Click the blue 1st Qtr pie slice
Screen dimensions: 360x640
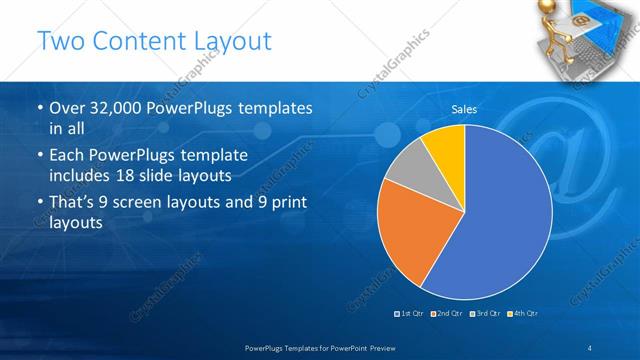point(500,220)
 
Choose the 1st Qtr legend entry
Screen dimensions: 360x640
point(410,314)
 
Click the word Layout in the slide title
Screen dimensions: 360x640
point(223,41)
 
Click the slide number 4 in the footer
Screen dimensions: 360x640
point(590,347)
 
